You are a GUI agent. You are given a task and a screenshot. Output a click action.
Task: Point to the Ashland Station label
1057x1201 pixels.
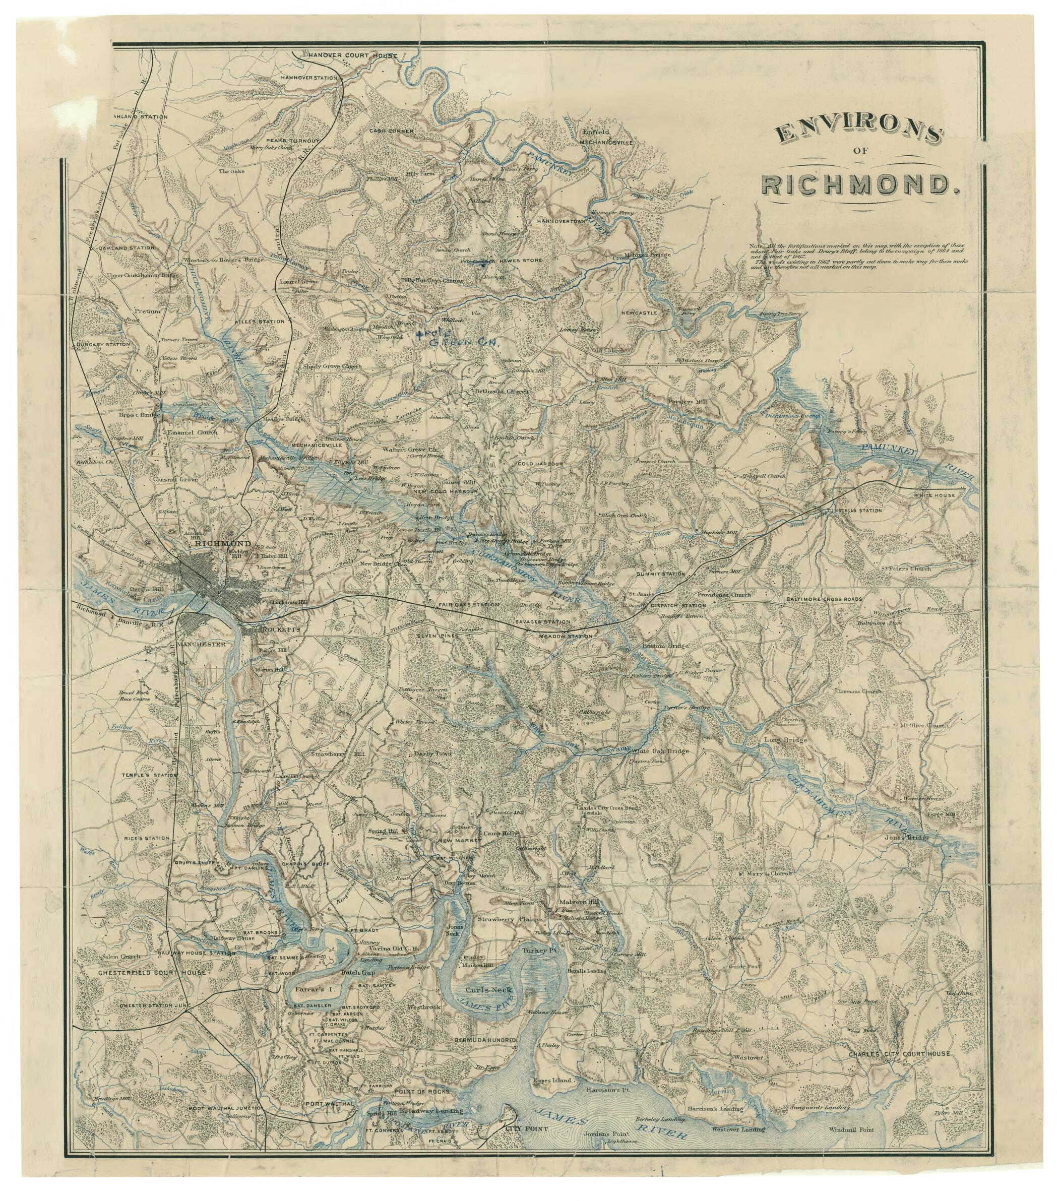coord(141,117)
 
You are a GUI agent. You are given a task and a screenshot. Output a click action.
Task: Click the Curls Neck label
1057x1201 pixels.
coord(498,989)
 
